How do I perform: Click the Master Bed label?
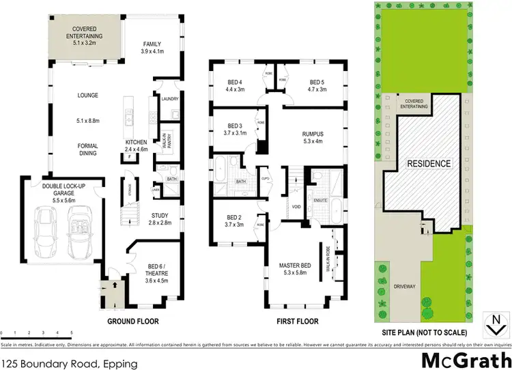point(295,268)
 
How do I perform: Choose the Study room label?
point(160,219)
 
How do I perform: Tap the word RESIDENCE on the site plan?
point(429,164)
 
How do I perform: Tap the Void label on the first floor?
point(296,206)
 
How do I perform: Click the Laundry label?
point(169,99)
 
